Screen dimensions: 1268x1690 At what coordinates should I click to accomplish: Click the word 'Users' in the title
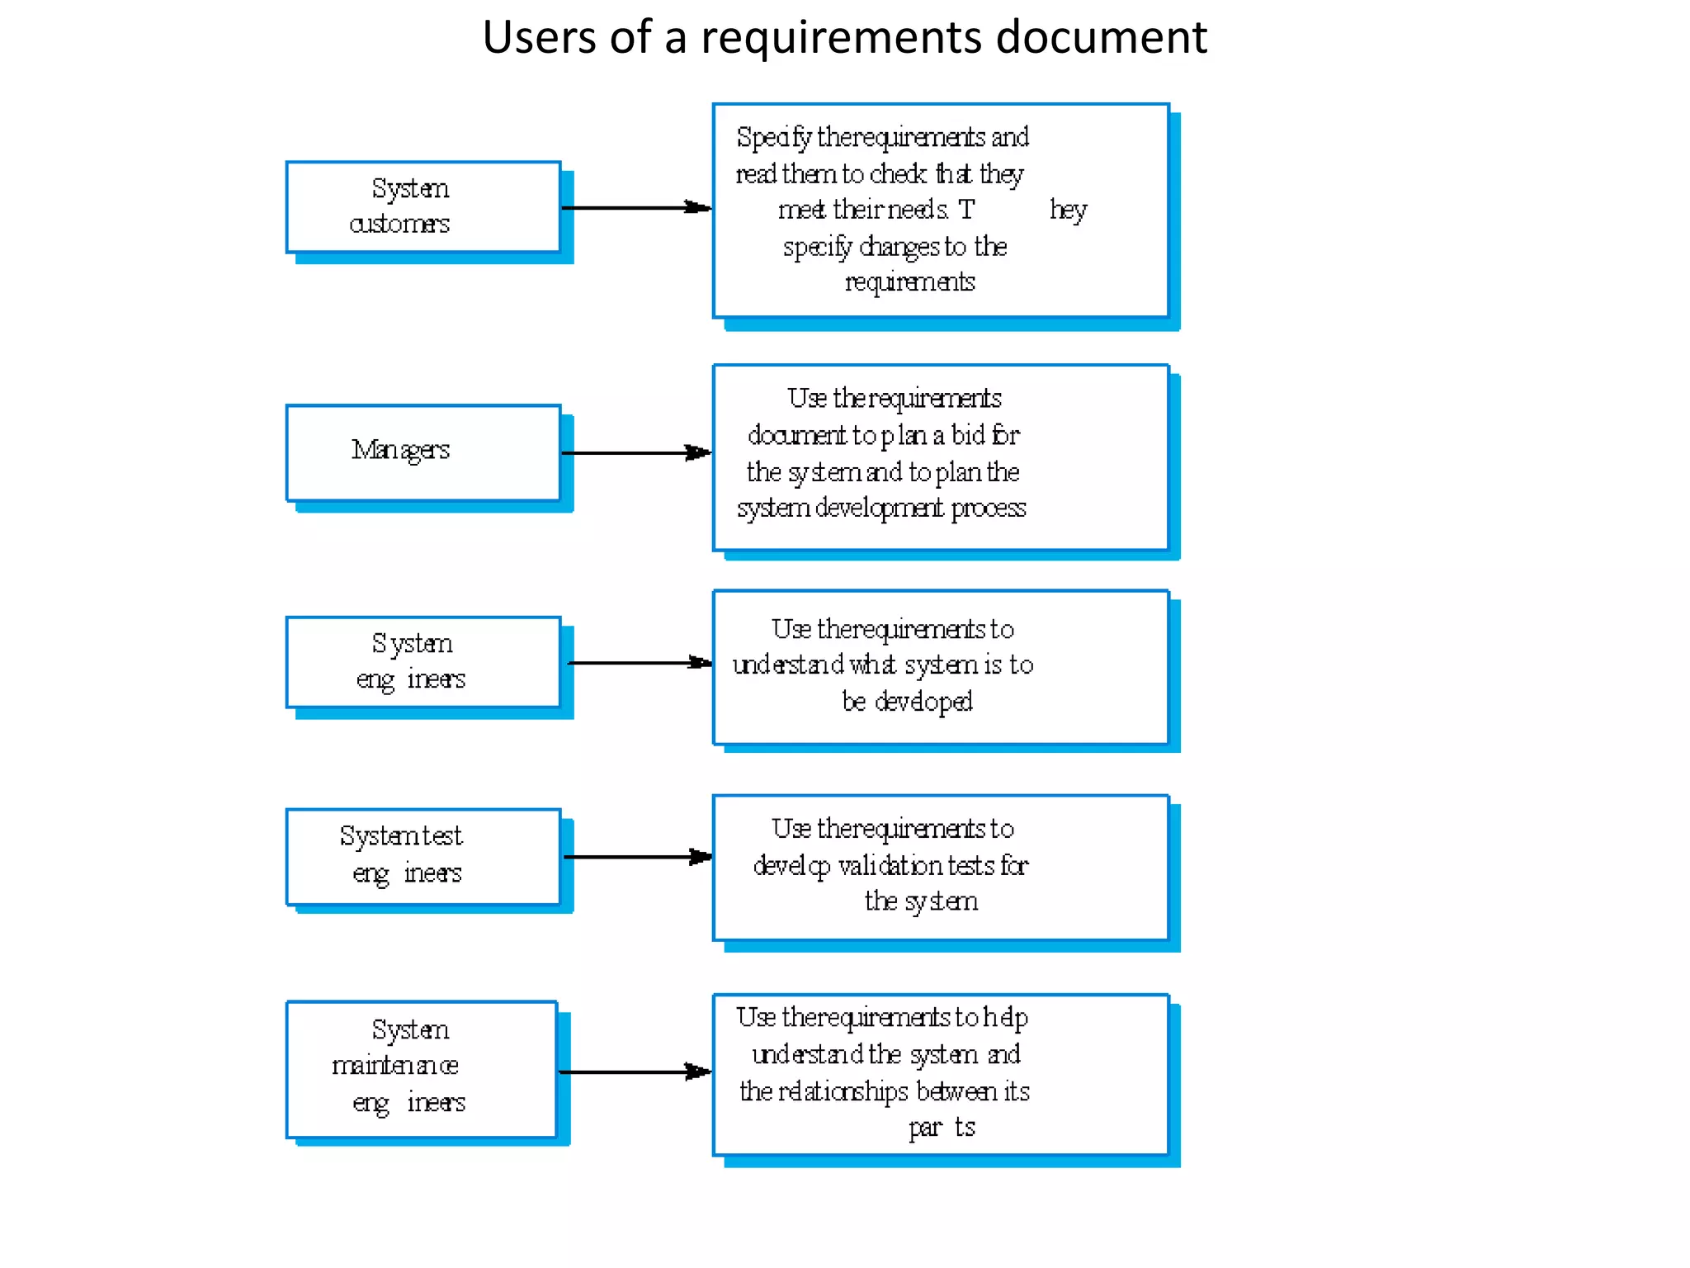click(538, 38)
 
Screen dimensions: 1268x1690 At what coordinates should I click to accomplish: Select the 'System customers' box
click(423, 206)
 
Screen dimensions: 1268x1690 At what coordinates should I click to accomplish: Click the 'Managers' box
click(423, 452)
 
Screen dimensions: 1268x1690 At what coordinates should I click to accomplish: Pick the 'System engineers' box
click(423, 662)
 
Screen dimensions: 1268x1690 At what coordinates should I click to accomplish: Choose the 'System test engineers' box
click(423, 856)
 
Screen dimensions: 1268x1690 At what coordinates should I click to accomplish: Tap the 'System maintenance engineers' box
click(422, 1069)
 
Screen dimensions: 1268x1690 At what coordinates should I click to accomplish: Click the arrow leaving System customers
click(635, 207)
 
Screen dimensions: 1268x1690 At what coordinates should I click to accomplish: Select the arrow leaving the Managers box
click(635, 452)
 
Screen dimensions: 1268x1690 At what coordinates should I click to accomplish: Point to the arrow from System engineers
click(640, 662)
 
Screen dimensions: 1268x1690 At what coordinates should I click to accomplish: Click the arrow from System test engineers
click(637, 857)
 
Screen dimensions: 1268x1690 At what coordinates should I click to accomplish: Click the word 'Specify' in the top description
click(773, 138)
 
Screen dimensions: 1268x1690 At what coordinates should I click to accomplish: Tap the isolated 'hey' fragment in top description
click(1068, 211)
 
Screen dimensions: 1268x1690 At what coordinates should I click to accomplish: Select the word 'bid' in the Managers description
click(968, 434)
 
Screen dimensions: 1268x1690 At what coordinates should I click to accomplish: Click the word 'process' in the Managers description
click(988, 508)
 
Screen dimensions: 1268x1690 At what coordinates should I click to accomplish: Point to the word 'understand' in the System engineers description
click(787, 665)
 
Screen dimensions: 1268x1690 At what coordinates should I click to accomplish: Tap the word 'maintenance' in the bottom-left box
click(394, 1066)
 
